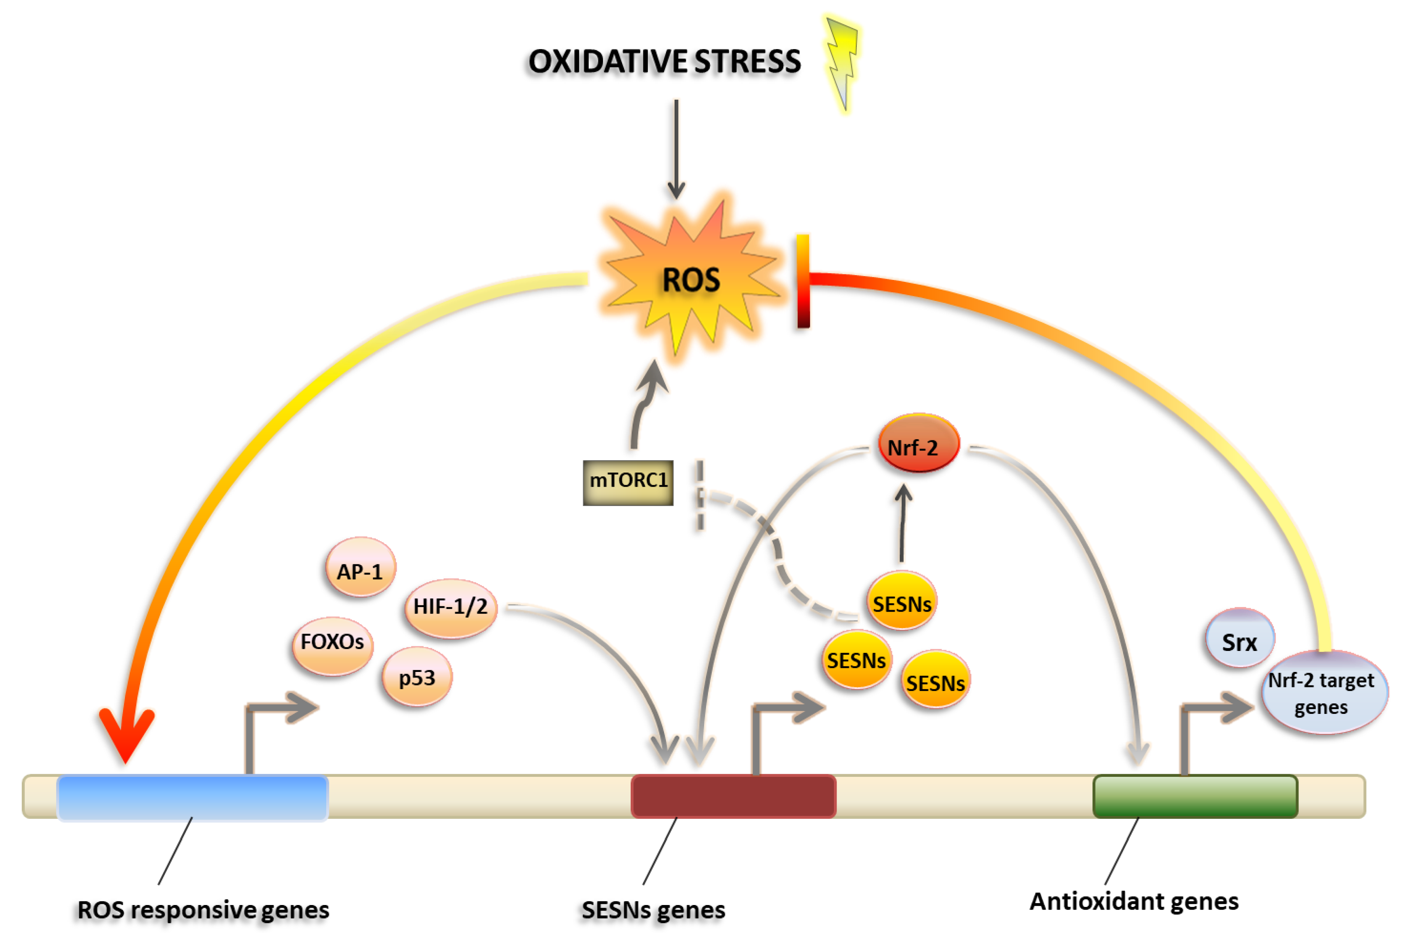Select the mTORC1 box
[x=628, y=482]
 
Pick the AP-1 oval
[x=360, y=567]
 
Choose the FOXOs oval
[x=332, y=645]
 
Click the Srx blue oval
[x=1239, y=637]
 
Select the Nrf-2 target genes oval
[x=1324, y=692]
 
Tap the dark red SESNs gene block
[x=733, y=796]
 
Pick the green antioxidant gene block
[x=1194, y=796]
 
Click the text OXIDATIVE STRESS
[x=664, y=62]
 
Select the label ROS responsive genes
[x=203, y=910]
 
